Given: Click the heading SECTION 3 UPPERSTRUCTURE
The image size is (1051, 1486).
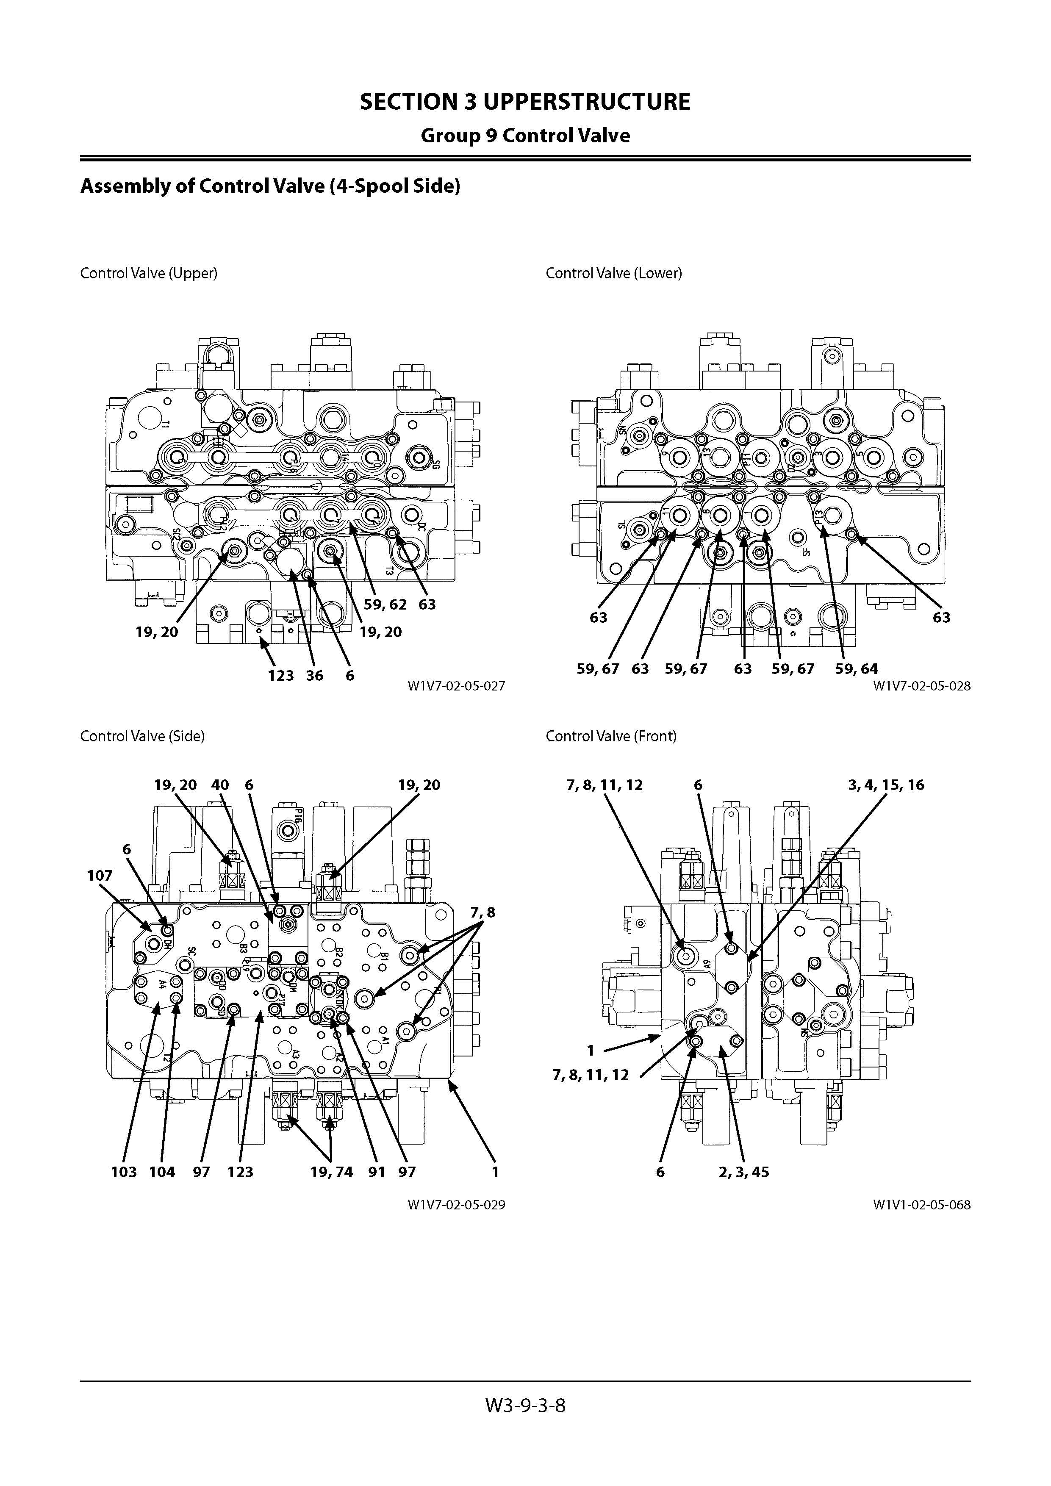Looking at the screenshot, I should [x=525, y=102].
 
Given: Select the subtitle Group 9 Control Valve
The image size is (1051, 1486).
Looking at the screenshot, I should [x=525, y=136].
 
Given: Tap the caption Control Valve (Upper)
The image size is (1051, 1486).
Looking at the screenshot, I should [x=149, y=273].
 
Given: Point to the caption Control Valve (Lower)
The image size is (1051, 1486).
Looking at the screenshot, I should [x=613, y=273].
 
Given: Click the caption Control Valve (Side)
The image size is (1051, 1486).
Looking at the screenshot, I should [x=142, y=736].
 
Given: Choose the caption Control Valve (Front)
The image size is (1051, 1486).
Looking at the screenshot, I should [x=611, y=736].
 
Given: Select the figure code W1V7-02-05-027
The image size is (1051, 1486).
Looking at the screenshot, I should [x=456, y=685].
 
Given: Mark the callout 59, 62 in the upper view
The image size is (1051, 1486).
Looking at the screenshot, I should [x=385, y=604].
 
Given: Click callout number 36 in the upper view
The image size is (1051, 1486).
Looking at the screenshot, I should [x=314, y=676].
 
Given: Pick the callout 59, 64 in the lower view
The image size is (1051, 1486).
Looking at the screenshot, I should [x=856, y=668].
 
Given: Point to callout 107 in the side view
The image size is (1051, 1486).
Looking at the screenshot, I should [x=100, y=876].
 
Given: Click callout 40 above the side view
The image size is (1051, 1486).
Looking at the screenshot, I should [x=220, y=785].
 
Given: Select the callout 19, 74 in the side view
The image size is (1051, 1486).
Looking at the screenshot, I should [x=331, y=1172].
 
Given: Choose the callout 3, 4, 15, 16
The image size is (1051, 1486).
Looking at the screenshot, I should [x=886, y=785].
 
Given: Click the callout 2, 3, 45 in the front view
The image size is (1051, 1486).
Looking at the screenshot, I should [x=743, y=1172].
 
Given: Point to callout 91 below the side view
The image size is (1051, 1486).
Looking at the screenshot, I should [x=377, y=1172].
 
